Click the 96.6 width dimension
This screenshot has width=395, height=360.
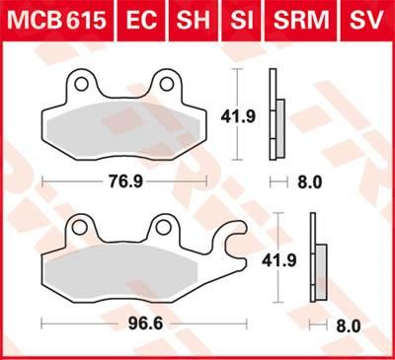pos(141,323)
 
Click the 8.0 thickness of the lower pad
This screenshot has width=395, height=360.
pos(348,323)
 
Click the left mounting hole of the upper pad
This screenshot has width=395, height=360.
pos(82,86)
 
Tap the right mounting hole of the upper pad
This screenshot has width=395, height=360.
pos(166,86)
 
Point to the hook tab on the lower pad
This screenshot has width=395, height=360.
pos(232,240)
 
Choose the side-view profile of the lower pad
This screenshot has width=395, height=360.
pos(317,258)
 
